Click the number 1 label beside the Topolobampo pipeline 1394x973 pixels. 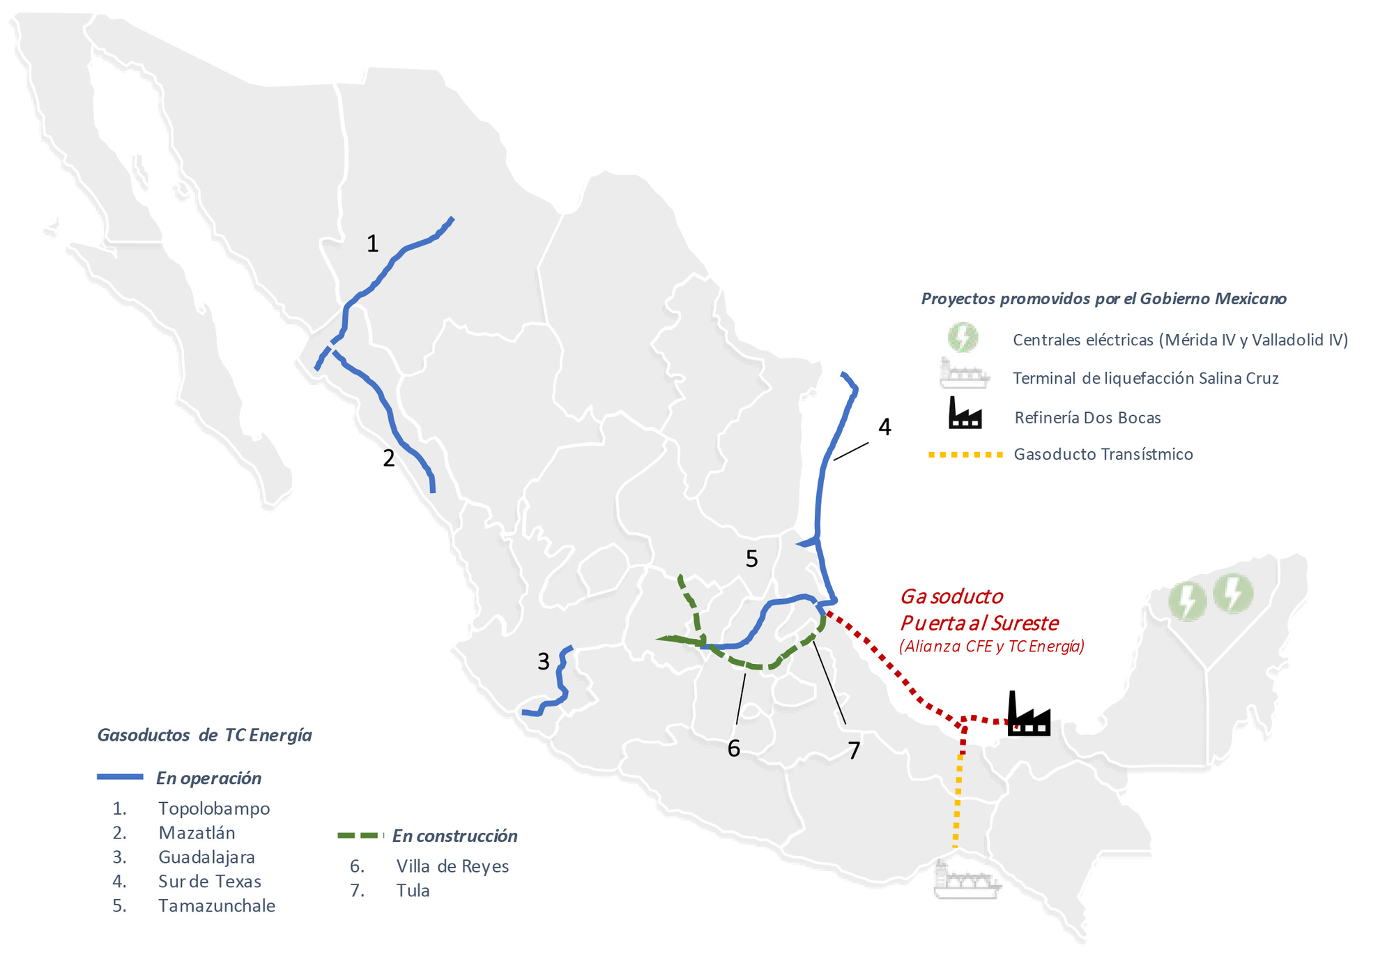pos(373,243)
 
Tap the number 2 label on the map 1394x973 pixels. pos(389,458)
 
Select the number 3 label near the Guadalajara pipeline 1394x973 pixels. pos(544,661)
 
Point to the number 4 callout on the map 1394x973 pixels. pos(884,427)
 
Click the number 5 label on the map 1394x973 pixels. pos(751,559)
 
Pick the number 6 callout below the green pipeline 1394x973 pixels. pos(733,748)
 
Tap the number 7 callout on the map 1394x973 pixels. pos(854,751)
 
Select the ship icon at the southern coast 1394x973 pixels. pos(966,880)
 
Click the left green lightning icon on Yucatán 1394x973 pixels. pos(1187,601)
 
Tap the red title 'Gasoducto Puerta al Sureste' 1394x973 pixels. pos(979,610)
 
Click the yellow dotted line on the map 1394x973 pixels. pos(958,802)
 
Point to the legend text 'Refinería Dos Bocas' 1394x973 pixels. pos(1087,418)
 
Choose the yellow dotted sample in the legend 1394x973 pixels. pos(965,455)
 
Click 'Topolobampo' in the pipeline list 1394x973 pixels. pos(214,808)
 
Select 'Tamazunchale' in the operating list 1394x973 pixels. pos(217,906)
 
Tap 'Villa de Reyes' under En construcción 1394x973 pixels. pos(452,866)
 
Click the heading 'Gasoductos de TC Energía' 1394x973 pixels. pos(204,735)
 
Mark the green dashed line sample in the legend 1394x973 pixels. pos(360,836)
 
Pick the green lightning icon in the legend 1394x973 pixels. pos(963,338)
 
